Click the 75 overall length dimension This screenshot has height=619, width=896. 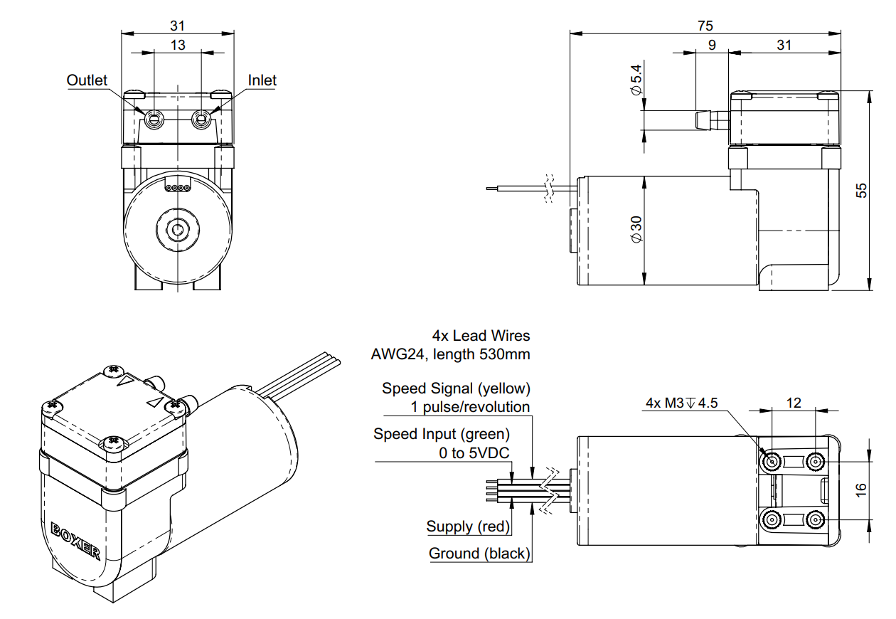tap(705, 26)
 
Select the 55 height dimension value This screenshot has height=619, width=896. tap(861, 190)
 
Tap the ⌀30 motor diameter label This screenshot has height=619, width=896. tap(636, 228)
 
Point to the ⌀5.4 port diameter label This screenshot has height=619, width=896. tap(636, 81)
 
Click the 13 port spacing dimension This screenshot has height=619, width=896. tap(178, 45)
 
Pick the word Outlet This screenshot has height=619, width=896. tap(87, 80)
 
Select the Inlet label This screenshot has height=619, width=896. tap(262, 80)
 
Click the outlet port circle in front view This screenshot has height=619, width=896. tap(154, 120)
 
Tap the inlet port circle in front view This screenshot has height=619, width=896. tap(202, 120)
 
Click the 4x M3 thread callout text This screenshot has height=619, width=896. tap(681, 403)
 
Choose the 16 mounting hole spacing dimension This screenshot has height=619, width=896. tap(861, 489)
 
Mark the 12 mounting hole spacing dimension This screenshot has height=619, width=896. tap(794, 403)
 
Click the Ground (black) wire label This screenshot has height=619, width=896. tap(479, 554)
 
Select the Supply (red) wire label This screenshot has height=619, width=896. tap(469, 527)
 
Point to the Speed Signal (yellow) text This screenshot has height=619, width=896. tap(456, 388)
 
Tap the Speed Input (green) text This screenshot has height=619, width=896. tap(442, 433)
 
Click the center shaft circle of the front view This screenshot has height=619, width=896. tap(178, 229)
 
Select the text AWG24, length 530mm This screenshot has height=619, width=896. tap(450, 354)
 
